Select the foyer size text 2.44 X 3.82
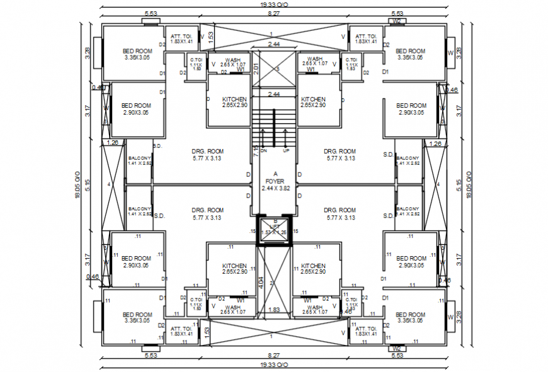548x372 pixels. (275, 188)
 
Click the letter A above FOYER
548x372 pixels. (275, 173)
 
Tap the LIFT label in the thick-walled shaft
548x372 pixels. (275, 226)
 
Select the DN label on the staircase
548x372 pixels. (264, 151)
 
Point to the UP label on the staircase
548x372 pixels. (285, 151)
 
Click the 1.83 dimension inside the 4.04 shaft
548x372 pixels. (274, 310)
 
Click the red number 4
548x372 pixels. (438, 184)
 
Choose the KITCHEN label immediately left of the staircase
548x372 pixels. (234, 99)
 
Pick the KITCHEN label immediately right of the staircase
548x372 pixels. (313, 99)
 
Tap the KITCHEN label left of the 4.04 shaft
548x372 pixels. (234, 266)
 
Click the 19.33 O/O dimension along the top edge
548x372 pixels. (274, 4)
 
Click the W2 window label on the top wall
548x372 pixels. (396, 21)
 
